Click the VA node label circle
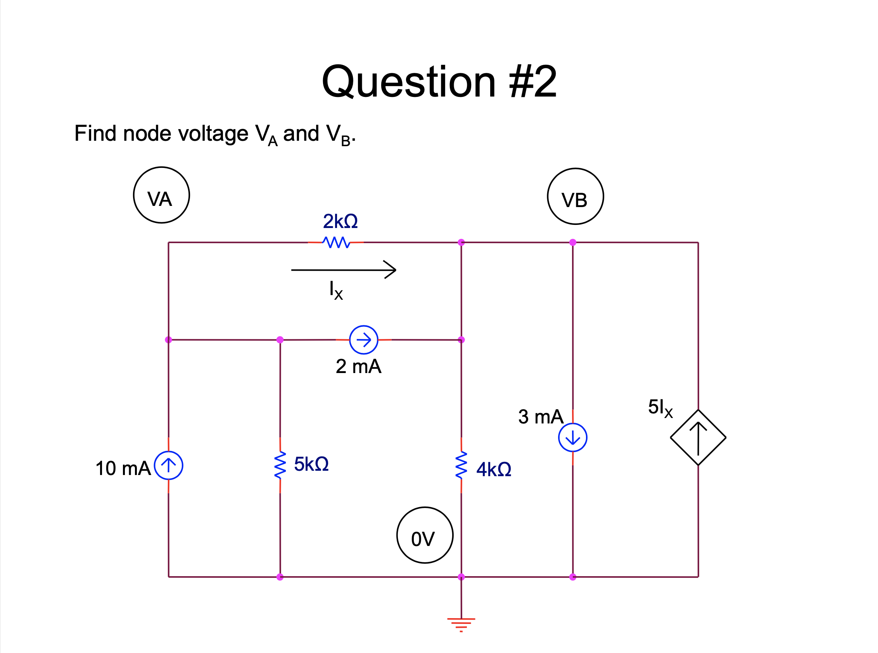[161, 195]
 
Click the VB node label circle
[575, 197]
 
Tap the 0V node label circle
[425, 535]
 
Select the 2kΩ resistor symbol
[336, 242]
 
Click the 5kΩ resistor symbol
[280, 465]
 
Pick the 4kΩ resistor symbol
[461, 465]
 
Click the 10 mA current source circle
[168, 465]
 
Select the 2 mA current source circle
[364, 340]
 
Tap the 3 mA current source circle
[572, 437]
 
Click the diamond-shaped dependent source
[698, 437]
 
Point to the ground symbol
[461, 624]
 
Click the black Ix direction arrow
[344, 270]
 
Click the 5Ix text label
[660, 408]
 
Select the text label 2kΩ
[340, 221]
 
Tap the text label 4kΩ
[494, 470]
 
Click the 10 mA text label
[123, 468]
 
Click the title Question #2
[439, 82]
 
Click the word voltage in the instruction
[213, 134]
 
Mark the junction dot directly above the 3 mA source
[572, 242]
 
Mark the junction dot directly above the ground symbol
[461, 577]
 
